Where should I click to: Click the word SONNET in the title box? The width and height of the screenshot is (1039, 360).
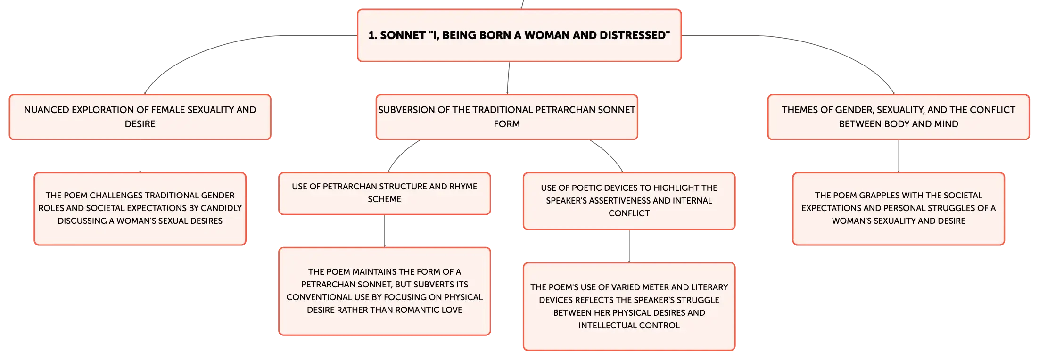403,35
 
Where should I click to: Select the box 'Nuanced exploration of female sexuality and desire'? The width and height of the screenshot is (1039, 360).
140,117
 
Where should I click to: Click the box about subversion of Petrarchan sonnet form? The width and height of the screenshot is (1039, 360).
507,117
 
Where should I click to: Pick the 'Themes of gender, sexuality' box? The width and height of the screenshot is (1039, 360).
899,117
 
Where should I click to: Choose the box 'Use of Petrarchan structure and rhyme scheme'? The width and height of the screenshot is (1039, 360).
385,193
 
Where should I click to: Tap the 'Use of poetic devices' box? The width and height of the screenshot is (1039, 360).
629,201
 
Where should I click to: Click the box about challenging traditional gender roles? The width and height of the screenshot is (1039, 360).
140,208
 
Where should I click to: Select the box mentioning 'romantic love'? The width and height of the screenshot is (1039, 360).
385,291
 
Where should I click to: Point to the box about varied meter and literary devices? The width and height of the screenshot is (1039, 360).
629,306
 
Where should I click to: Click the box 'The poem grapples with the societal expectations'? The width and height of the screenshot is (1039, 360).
899,208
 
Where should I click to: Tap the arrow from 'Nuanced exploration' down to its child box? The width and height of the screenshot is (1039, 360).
140,156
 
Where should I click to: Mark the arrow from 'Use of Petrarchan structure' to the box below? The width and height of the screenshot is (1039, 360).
385,231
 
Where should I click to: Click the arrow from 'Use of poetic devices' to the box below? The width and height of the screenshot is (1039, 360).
629,246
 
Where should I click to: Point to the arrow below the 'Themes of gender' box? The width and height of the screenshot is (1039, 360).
899,156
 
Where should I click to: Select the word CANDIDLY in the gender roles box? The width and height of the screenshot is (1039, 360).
221,208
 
